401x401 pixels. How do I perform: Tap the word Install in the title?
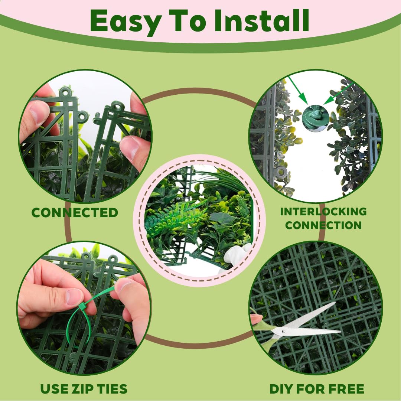262,20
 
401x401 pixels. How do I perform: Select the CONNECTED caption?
75,212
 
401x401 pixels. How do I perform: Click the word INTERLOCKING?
323,212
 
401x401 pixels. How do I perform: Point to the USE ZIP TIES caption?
84,389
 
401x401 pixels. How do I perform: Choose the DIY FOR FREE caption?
317,389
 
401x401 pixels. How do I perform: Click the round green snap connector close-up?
315,118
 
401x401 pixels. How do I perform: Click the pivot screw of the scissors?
283,332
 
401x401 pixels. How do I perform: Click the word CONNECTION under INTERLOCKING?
323,225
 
